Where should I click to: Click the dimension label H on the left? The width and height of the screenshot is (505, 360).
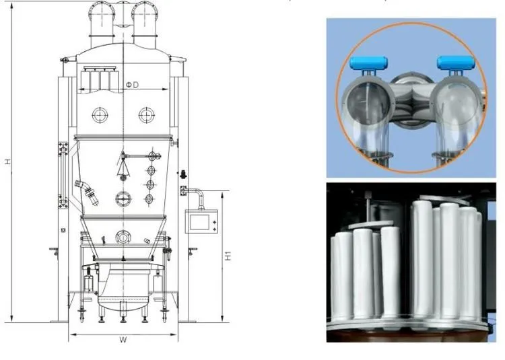pos(7,161)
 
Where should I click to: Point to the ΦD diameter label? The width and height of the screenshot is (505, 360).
pos(133,85)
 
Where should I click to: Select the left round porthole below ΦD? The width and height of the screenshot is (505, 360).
pos(100,114)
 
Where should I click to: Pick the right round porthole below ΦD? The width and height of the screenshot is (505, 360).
pos(147,114)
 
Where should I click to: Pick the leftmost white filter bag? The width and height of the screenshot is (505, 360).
pos(341,276)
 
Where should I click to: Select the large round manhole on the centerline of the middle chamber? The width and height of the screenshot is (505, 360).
pos(123,198)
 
